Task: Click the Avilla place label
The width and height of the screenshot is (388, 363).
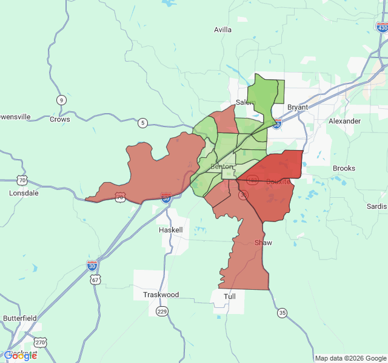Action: click(x=223, y=30)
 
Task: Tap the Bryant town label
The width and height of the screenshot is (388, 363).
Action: click(x=297, y=107)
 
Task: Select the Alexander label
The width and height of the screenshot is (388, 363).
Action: click(x=344, y=121)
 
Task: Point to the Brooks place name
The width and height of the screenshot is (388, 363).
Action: click(x=344, y=168)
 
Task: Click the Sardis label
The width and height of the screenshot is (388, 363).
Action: click(x=376, y=206)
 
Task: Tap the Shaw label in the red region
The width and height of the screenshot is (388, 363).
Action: click(x=263, y=243)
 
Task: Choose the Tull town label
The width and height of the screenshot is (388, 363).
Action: click(x=230, y=296)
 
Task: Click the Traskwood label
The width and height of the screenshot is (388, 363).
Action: click(x=161, y=295)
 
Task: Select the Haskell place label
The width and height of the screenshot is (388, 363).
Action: click(x=170, y=231)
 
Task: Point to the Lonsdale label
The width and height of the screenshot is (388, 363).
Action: click(x=24, y=193)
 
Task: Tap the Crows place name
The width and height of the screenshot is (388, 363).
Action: click(x=60, y=119)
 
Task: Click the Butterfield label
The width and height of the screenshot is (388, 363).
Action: click(x=20, y=318)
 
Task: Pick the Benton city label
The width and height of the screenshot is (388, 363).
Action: click(x=221, y=166)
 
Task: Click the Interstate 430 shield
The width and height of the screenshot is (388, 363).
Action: click(x=381, y=27)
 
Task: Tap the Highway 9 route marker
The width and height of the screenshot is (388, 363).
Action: click(x=61, y=100)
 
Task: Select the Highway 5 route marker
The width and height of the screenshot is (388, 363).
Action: click(x=142, y=123)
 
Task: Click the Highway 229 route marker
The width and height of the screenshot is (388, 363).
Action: click(x=162, y=311)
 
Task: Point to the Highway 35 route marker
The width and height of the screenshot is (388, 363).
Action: click(x=283, y=313)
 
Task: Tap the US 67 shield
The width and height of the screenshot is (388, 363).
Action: click(x=95, y=279)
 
